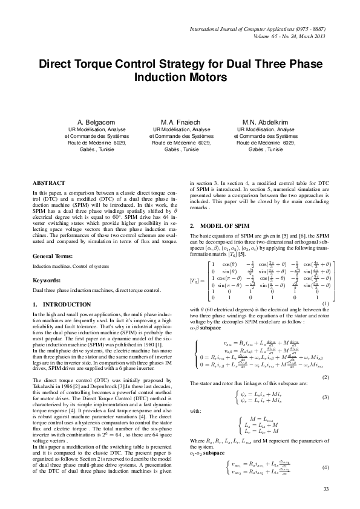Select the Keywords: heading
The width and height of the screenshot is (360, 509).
tap(49, 280)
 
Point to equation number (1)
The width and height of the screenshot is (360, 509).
tap(326, 320)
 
